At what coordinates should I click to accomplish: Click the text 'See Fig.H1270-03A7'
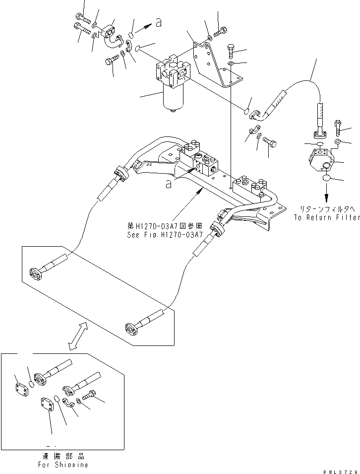pos(165,236)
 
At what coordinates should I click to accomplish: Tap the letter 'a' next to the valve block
pos(170,184)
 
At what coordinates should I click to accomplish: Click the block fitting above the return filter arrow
pos(323,158)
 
